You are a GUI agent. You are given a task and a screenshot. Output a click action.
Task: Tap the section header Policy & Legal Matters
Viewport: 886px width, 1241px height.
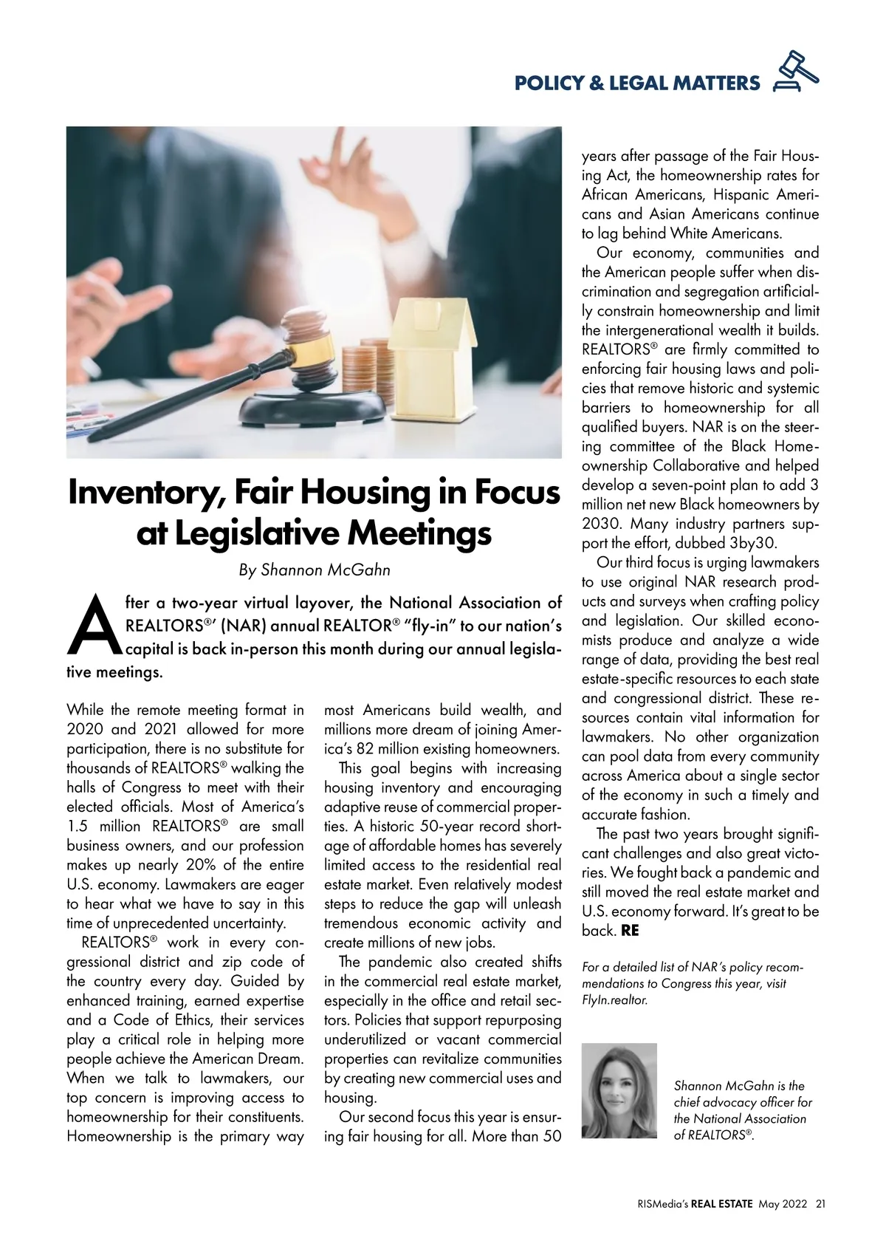636,83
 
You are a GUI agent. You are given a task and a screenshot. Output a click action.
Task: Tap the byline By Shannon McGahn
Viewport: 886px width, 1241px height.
315,570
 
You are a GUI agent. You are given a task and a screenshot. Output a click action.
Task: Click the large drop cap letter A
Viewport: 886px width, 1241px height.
94,626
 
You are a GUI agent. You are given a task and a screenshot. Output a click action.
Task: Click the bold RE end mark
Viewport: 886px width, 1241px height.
630,931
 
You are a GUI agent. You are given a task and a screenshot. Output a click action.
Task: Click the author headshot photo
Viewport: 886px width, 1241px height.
619,1090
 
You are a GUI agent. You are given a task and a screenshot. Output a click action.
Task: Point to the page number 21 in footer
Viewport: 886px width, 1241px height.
820,1203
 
